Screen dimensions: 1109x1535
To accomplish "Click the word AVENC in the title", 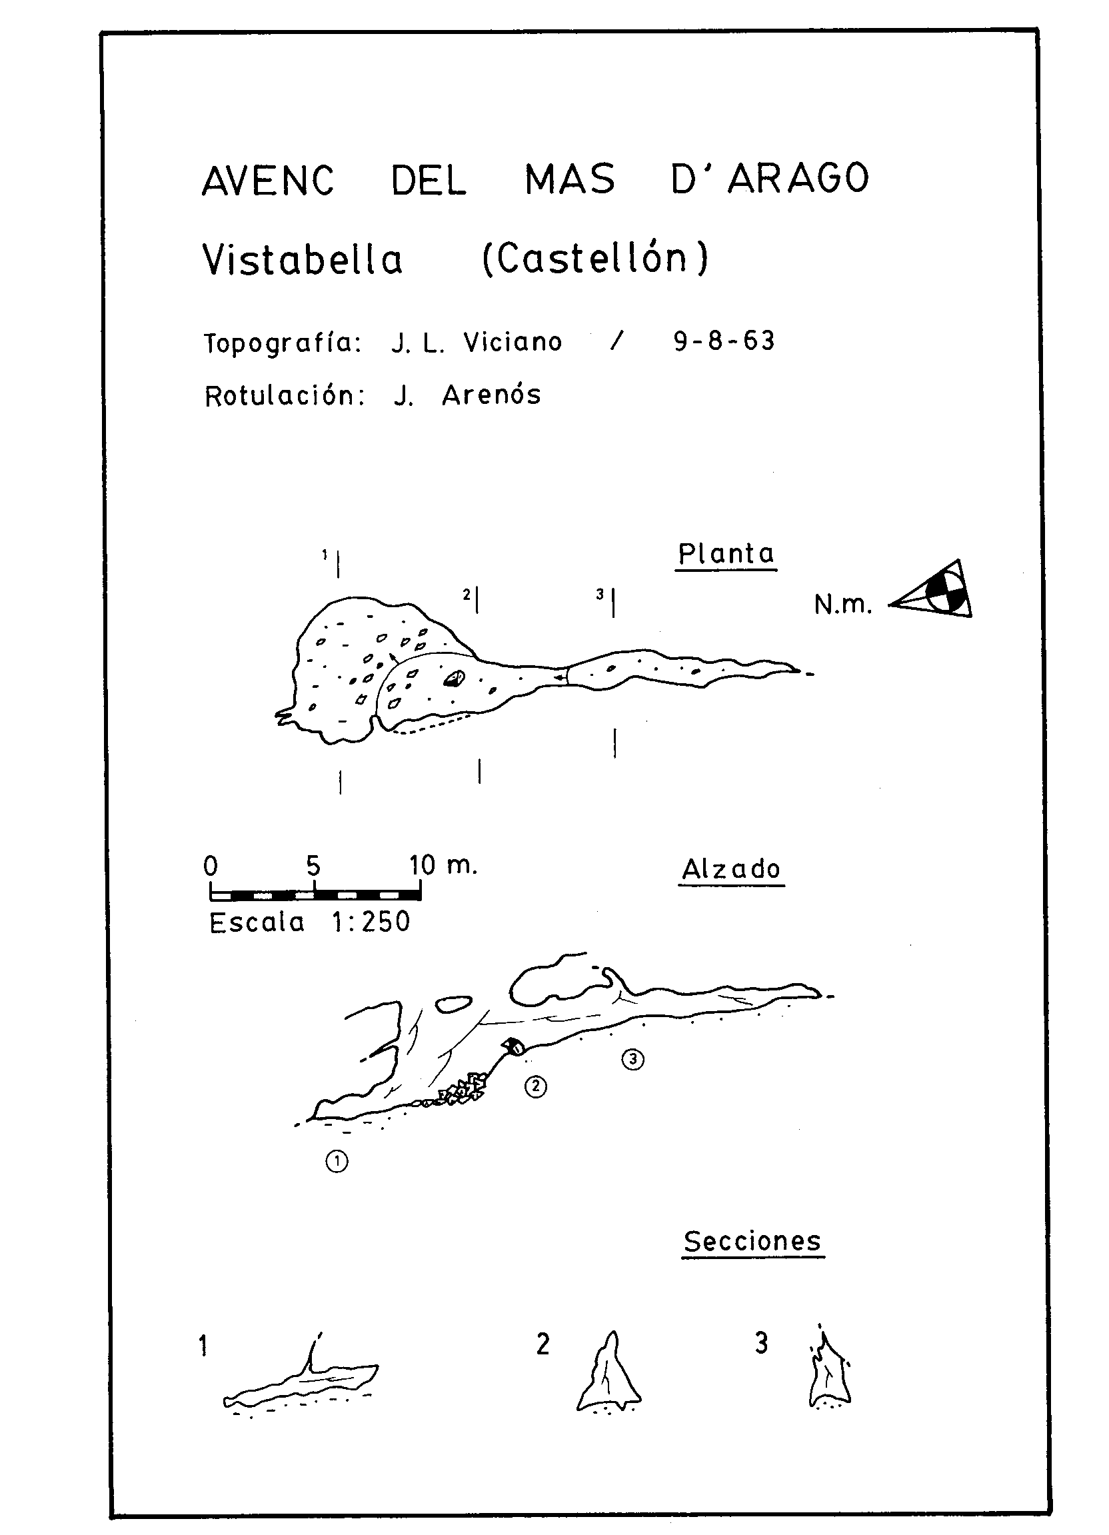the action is point(268,180).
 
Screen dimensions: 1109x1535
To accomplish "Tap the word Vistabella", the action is point(303,260).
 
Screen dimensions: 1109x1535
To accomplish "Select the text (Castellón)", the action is point(595,258).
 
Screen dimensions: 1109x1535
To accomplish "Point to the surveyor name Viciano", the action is point(513,343).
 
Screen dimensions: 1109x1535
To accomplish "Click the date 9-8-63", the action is point(724,341).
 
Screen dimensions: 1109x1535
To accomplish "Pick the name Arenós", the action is point(491,395).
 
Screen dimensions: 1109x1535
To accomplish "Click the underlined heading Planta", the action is point(726,555).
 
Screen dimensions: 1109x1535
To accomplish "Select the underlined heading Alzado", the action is point(731,870).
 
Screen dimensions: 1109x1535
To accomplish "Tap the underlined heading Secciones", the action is point(752,1242).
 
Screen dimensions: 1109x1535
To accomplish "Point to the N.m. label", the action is point(842,605).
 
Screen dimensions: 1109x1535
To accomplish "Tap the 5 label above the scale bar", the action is point(313,866).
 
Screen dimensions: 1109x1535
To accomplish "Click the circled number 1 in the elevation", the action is point(337,1162).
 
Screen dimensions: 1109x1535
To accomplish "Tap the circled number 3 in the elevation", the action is point(632,1059).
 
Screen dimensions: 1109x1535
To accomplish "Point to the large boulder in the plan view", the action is point(455,678).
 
